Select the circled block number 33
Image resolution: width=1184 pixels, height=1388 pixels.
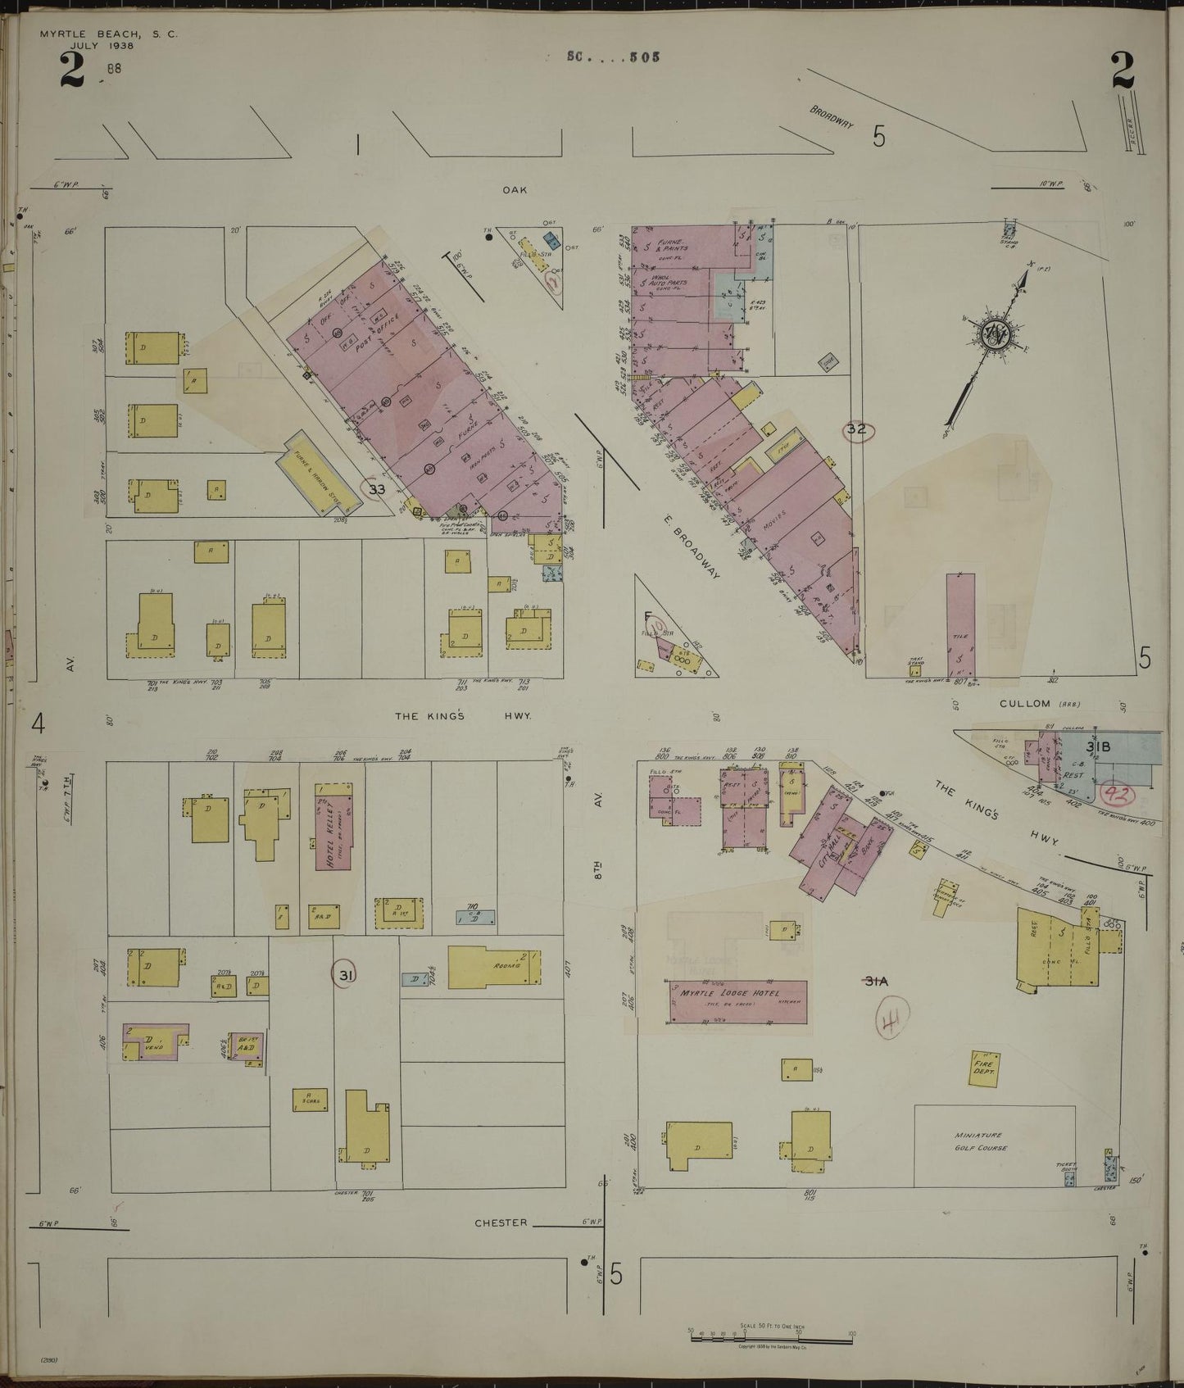(376, 489)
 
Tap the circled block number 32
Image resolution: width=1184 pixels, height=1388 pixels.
(857, 429)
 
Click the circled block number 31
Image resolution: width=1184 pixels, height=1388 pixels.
(346, 975)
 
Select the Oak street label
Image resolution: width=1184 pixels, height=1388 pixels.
(515, 189)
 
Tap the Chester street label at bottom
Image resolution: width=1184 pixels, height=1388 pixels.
(501, 1222)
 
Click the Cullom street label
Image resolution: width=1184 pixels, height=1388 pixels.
(1024, 703)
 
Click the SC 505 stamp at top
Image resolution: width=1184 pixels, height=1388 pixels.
(612, 57)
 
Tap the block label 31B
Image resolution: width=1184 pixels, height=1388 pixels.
(1098, 746)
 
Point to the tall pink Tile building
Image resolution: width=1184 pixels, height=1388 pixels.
(960, 623)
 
